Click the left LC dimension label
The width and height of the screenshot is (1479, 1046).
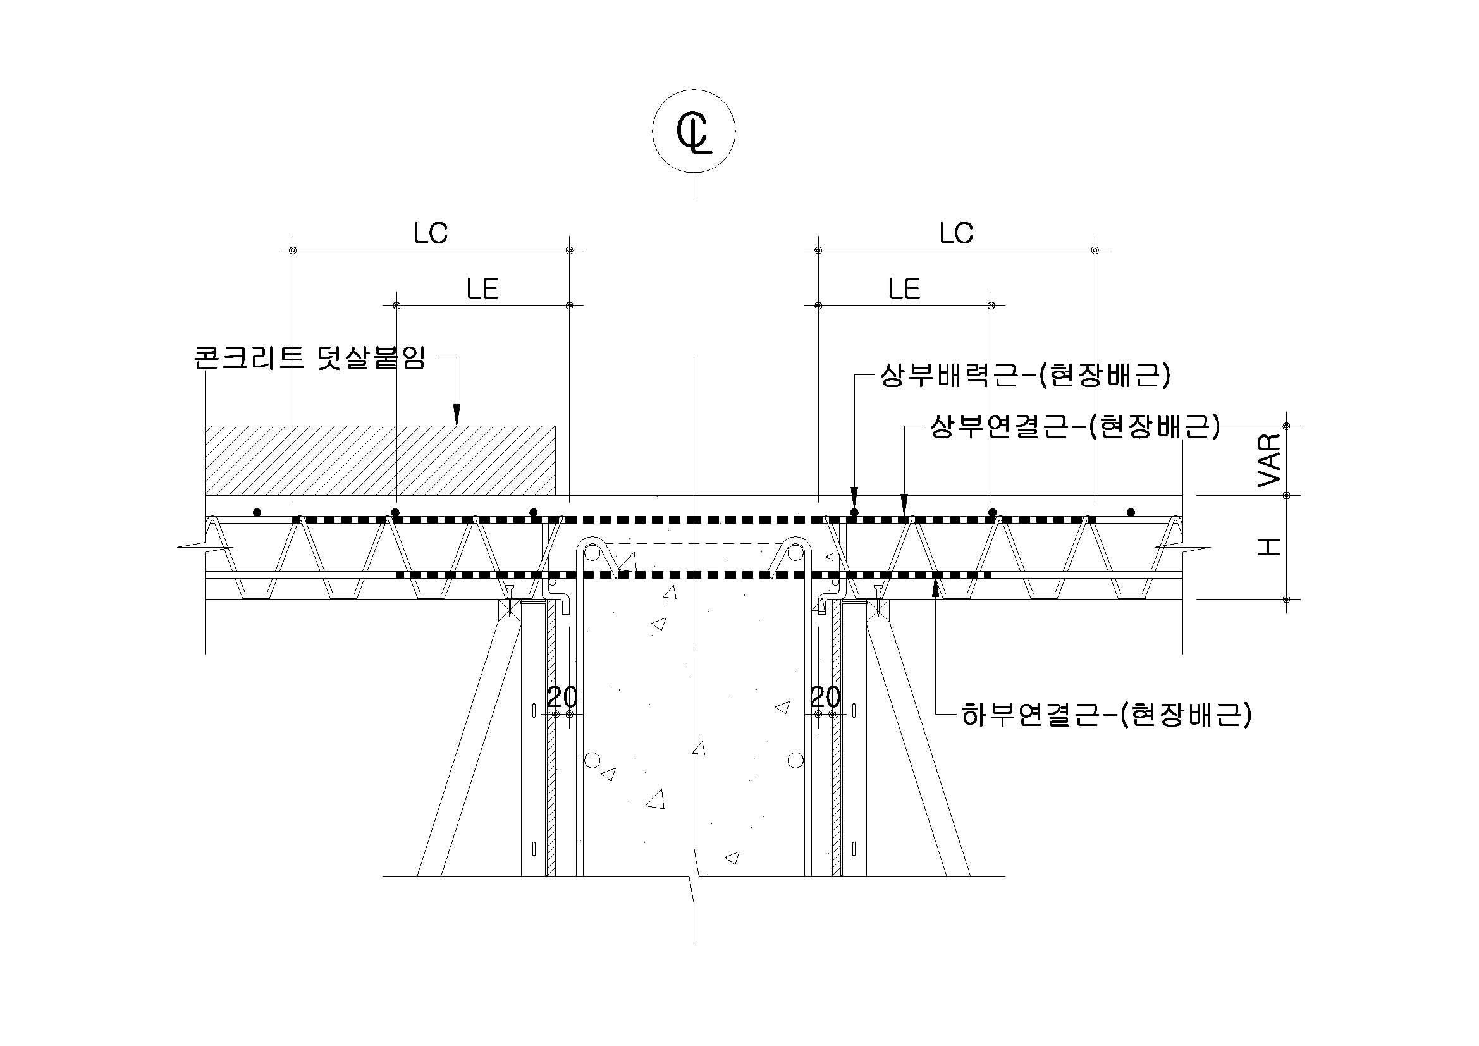(431, 233)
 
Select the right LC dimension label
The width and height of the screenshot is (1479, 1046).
(957, 233)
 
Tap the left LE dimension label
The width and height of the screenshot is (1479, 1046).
(482, 289)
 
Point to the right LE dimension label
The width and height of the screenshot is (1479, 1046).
(904, 289)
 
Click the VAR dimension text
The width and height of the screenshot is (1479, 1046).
(1270, 460)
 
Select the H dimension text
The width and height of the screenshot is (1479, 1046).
(1270, 548)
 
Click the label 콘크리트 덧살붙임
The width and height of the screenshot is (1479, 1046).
(309, 357)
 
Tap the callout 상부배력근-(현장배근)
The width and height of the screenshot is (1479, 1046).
(1025, 376)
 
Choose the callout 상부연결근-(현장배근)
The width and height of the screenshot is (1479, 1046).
(1075, 426)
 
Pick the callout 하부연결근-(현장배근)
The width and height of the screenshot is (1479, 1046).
(1107, 714)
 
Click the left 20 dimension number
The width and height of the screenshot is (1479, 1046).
(562, 697)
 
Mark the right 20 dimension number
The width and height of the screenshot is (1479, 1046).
(825, 697)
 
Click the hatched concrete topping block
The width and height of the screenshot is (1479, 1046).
(380, 460)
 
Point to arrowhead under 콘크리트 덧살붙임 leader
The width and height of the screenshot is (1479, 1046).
(457, 414)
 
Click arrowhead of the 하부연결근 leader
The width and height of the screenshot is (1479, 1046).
(935, 586)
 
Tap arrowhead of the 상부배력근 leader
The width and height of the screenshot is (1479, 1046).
(854, 498)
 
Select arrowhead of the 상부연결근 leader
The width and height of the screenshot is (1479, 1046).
(904, 504)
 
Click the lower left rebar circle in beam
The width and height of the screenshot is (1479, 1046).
(592, 760)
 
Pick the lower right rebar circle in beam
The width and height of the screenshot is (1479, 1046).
(795, 760)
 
